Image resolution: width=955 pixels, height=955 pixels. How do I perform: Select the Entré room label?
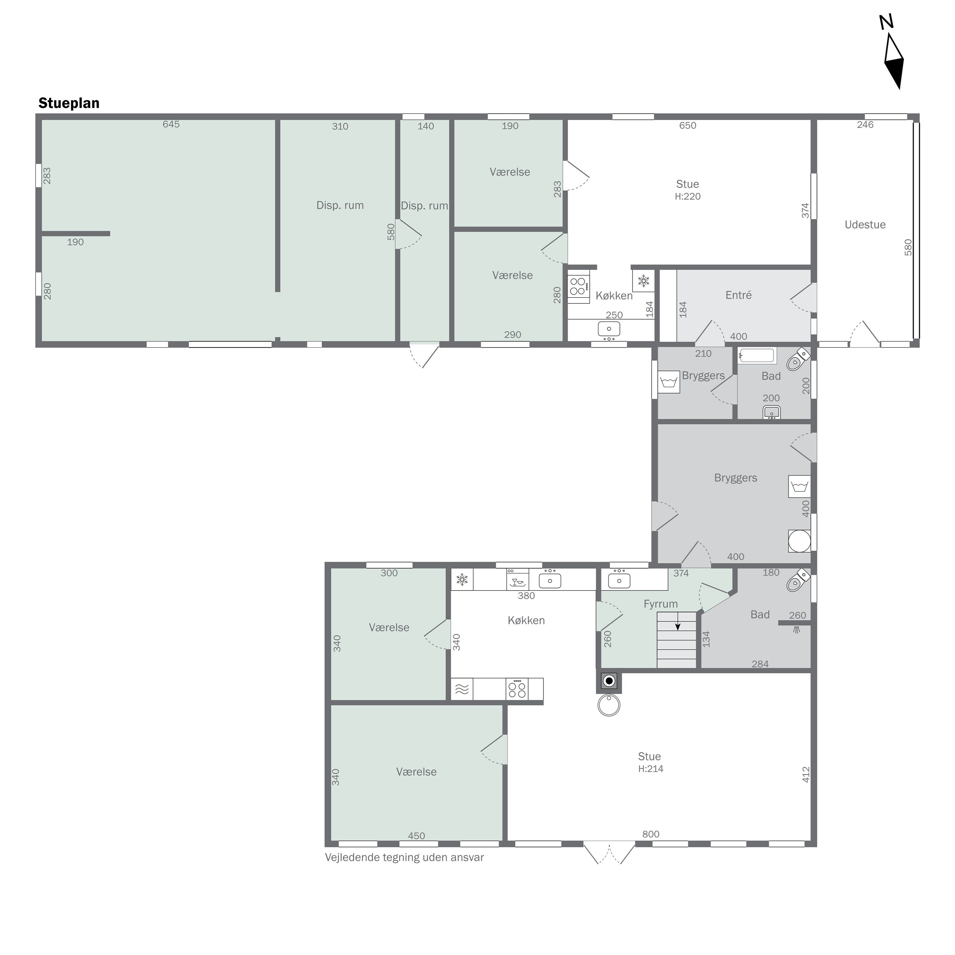(739, 295)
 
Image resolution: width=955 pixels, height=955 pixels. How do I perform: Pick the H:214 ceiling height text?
(650, 769)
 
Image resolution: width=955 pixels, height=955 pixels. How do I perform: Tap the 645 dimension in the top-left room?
(171, 124)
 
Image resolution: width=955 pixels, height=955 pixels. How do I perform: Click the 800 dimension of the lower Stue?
(650, 834)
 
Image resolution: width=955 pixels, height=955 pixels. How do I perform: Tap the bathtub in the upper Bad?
(756, 356)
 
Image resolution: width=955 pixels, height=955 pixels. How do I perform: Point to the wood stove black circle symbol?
(609, 681)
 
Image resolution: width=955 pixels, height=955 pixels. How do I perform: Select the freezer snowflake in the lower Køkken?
(462, 580)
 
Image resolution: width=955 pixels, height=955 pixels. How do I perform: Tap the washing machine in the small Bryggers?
(669, 382)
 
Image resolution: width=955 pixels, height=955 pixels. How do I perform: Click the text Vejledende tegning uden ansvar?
(404, 858)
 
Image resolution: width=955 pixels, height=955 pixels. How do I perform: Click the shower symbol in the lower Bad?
(796, 630)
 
